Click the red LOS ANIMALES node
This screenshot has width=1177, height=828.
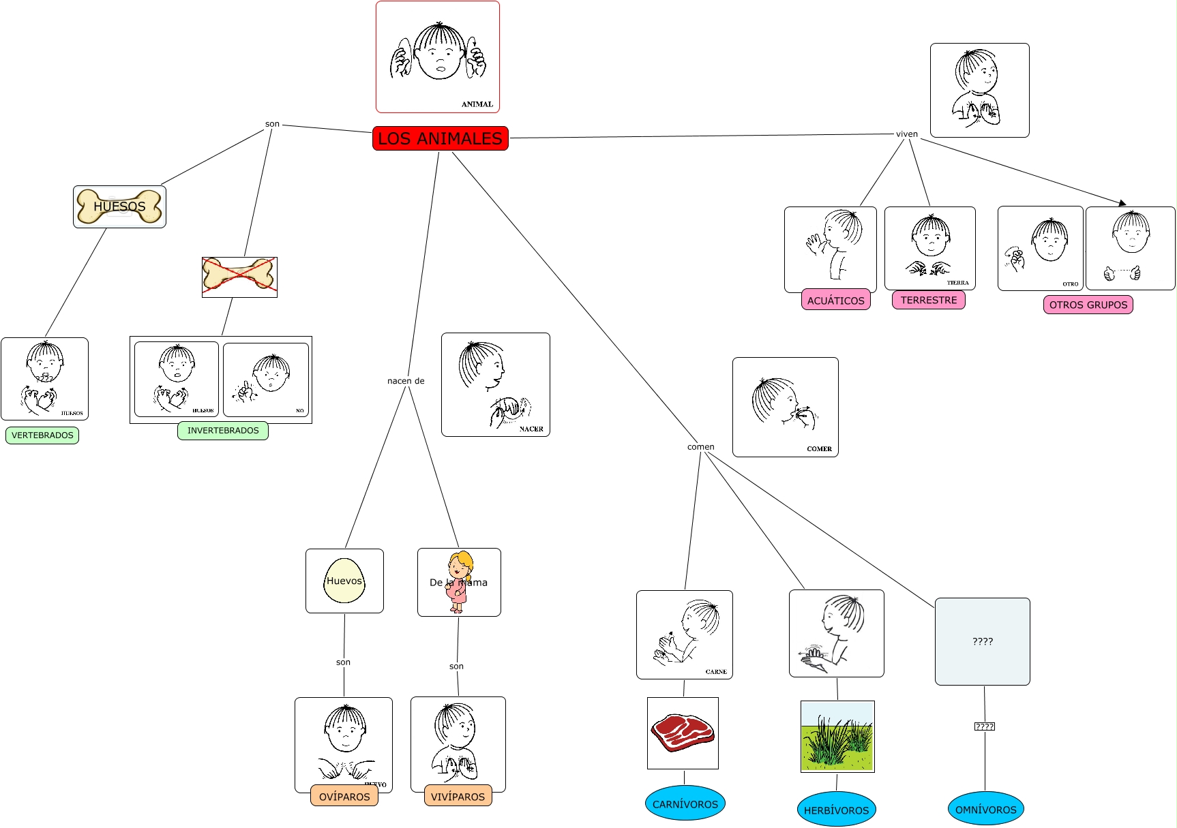(440, 138)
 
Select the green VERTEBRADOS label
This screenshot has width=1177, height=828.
(42, 435)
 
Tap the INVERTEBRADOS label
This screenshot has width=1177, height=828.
(223, 431)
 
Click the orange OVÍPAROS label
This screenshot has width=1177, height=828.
(344, 796)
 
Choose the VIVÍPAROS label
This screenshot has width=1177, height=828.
(458, 796)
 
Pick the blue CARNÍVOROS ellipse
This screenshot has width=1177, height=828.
(685, 804)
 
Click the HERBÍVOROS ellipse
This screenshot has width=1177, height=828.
(836, 810)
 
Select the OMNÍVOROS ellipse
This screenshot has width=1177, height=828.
(985, 809)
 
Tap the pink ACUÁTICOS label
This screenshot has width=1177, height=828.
(835, 301)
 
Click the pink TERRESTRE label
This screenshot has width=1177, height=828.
(928, 300)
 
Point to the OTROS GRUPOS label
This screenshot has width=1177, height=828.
(1088, 305)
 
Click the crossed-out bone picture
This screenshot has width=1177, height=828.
(239, 277)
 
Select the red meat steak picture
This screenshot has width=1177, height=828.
(683, 733)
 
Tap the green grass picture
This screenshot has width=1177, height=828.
(837, 737)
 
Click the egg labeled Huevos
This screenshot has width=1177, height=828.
(344, 581)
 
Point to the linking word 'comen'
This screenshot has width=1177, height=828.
(700, 447)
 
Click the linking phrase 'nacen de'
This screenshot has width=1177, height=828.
(406, 381)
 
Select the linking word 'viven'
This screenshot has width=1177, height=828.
(906, 134)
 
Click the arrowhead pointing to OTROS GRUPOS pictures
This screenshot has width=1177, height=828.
(1122, 202)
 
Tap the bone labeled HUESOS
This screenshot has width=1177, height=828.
(119, 206)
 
